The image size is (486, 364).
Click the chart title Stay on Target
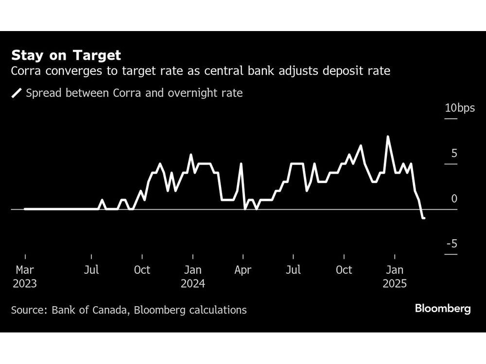[x=66, y=55]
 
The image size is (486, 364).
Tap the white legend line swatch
[x=17, y=93]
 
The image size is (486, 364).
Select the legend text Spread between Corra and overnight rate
[x=134, y=93]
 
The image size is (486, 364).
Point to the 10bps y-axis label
[x=460, y=108]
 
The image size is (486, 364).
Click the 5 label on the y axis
[x=454, y=153]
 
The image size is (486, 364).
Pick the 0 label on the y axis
[x=454, y=199]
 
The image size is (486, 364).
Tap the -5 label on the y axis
[x=452, y=244]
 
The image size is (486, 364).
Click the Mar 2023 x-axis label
[x=25, y=277]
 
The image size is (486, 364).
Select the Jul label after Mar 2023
[x=91, y=270]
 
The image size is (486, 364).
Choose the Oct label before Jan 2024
[x=142, y=270]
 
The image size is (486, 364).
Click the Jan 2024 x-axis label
[x=193, y=277]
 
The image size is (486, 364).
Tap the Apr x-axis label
[x=243, y=270]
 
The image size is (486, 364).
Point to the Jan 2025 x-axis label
[x=395, y=277]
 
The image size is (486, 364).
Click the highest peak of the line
[x=387, y=136]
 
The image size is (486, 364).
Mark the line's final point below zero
[x=424, y=218]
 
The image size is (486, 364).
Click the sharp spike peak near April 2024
[x=241, y=164]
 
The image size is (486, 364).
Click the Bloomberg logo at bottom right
[x=442, y=309]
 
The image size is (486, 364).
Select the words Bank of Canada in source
[x=83, y=310]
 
